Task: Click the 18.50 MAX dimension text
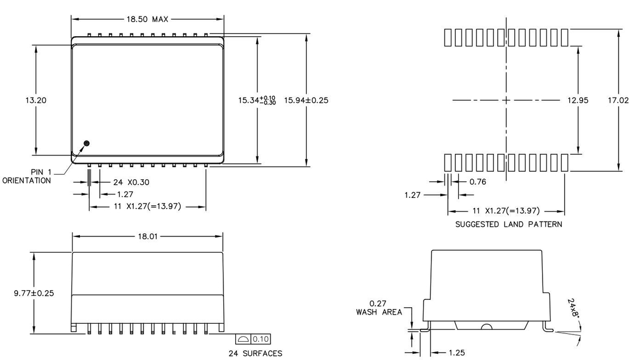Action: point(147,19)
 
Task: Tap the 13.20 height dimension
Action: point(36,100)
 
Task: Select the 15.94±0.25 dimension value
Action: point(306,100)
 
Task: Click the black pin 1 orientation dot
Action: point(86,143)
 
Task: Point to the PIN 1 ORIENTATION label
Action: point(27,176)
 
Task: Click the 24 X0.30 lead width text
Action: point(131,182)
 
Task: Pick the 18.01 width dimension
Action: point(148,236)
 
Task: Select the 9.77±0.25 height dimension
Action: point(34,293)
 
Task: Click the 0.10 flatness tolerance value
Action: point(261,339)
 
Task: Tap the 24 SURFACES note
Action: point(255,354)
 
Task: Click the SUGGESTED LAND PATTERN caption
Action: point(509,225)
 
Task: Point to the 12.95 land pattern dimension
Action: point(578,100)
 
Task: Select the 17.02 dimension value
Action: point(618,100)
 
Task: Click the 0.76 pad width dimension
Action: point(478,182)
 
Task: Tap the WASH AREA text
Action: point(379,312)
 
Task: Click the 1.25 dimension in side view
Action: point(457,353)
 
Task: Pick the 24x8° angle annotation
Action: point(573,308)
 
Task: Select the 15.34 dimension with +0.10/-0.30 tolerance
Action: point(257,100)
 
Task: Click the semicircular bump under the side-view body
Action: point(486,326)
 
